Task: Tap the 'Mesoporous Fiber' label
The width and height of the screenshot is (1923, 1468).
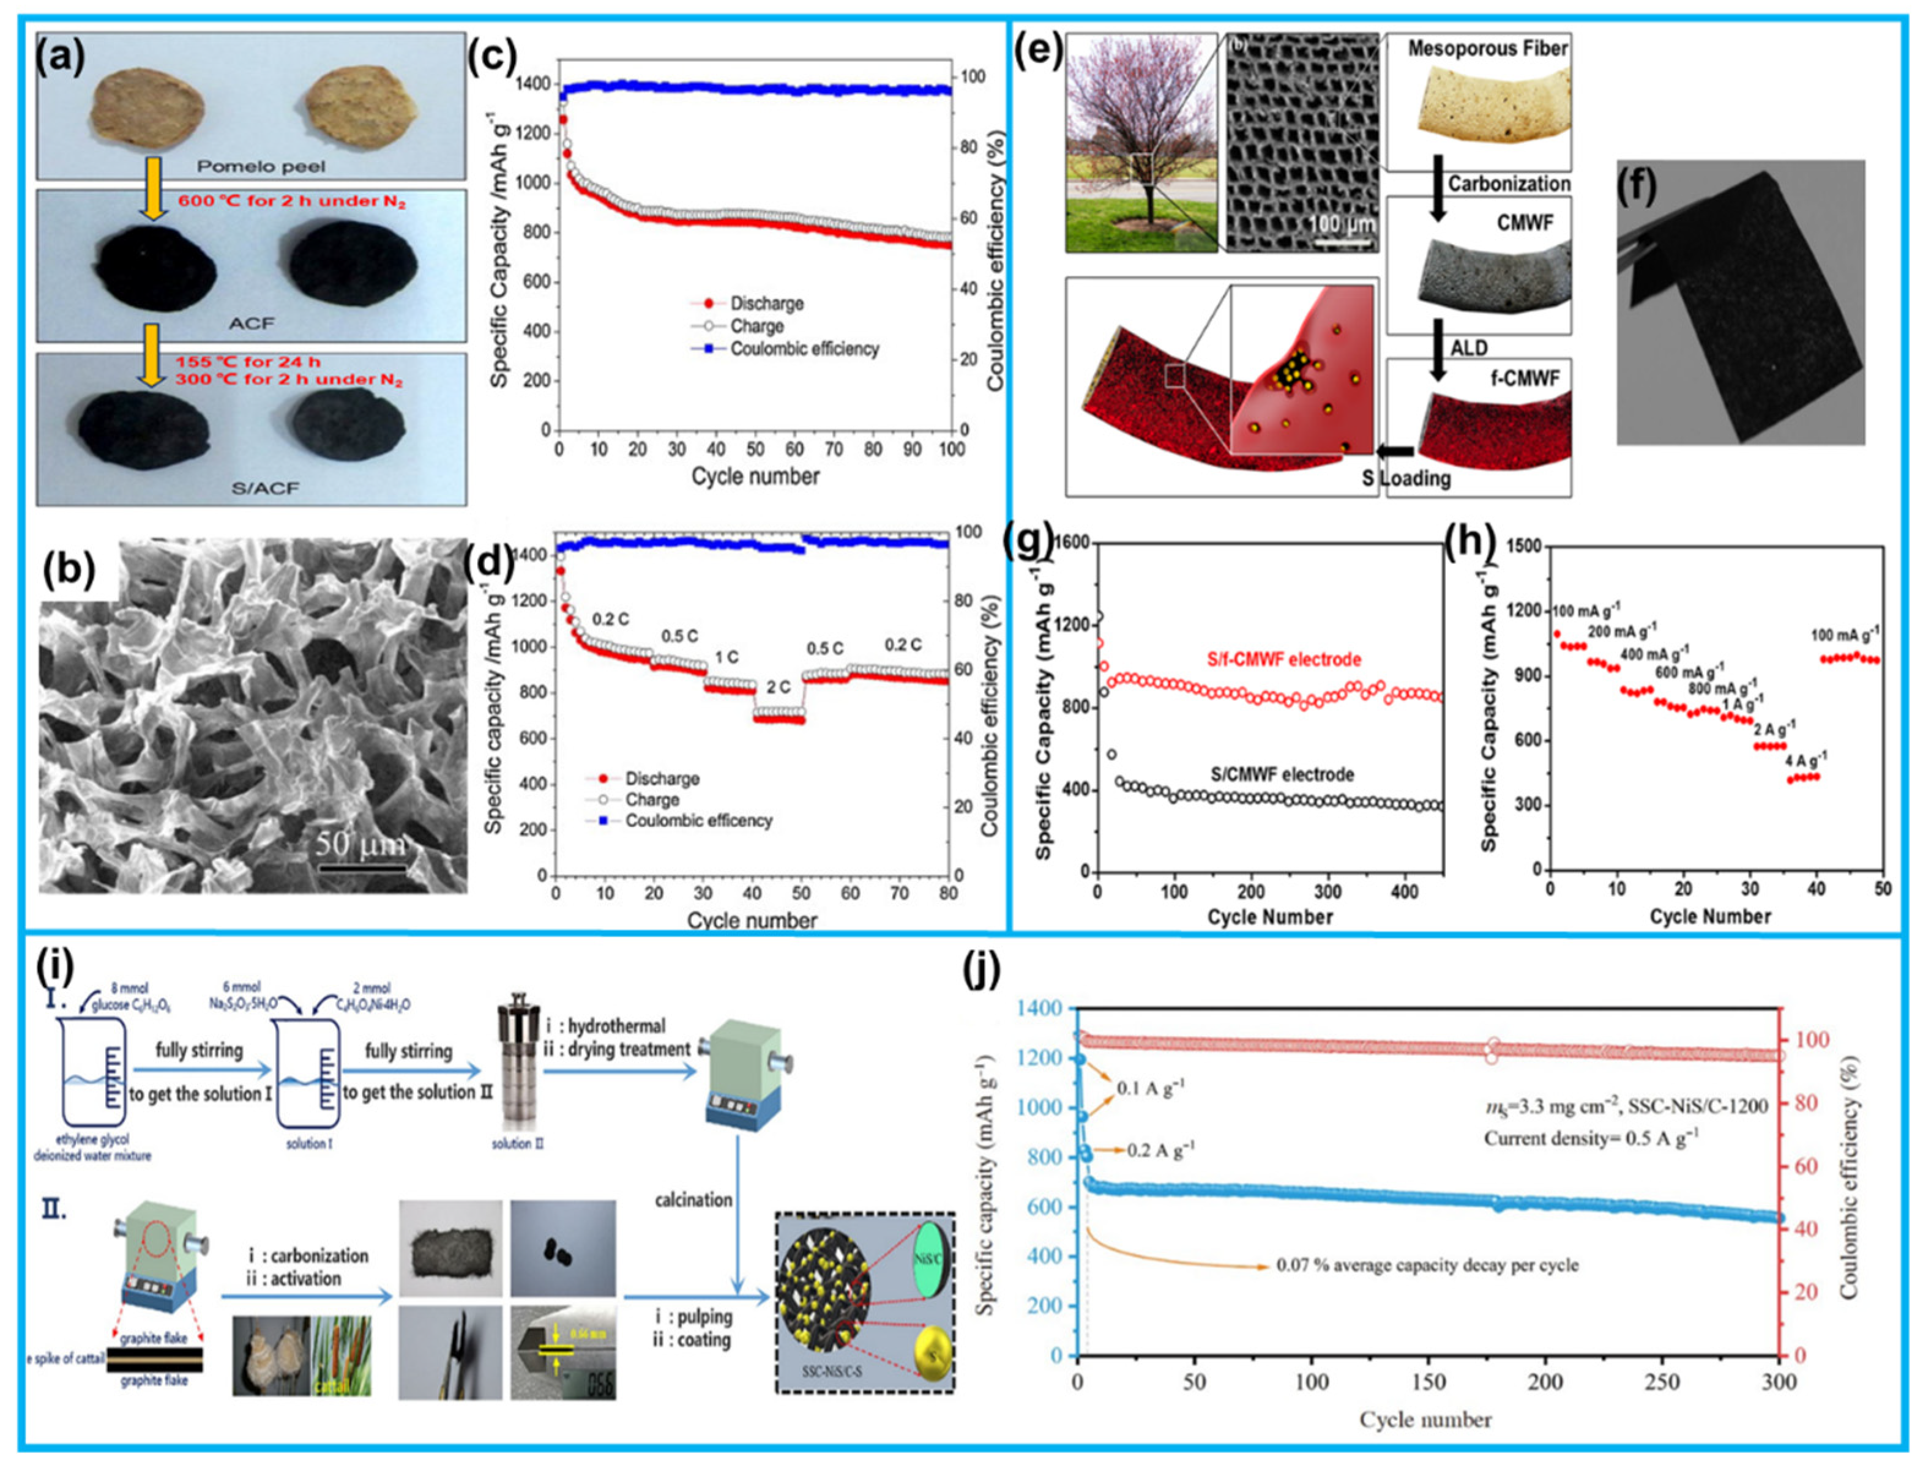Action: [x=1487, y=49]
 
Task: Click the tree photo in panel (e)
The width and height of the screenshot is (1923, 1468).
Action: [x=1141, y=144]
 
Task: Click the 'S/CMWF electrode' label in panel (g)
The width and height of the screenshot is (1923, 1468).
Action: [x=1282, y=774]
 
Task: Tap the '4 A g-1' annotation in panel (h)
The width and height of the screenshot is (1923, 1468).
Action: [x=1804, y=758]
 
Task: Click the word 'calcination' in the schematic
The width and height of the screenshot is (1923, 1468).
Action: [x=693, y=1199]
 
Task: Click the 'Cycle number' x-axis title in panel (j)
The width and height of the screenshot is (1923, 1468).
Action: [x=1425, y=1419]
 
